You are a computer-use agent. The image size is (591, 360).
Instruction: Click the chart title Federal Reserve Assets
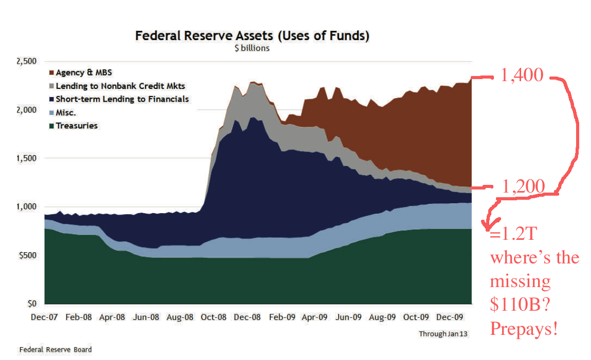pos(252,36)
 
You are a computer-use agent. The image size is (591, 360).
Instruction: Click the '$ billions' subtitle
pos(252,48)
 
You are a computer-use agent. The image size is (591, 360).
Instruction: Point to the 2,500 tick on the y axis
pos(26,61)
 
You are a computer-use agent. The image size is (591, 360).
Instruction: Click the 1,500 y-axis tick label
pos(26,158)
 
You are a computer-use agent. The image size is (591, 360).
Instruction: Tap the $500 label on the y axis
pos(27,255)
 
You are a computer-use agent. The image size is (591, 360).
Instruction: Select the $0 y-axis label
pos(30,304)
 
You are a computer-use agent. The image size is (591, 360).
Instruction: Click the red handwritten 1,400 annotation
pos(522,75)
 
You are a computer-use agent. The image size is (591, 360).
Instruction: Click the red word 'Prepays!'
pos(523,329)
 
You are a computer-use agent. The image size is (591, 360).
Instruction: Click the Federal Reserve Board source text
pos(56,350)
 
